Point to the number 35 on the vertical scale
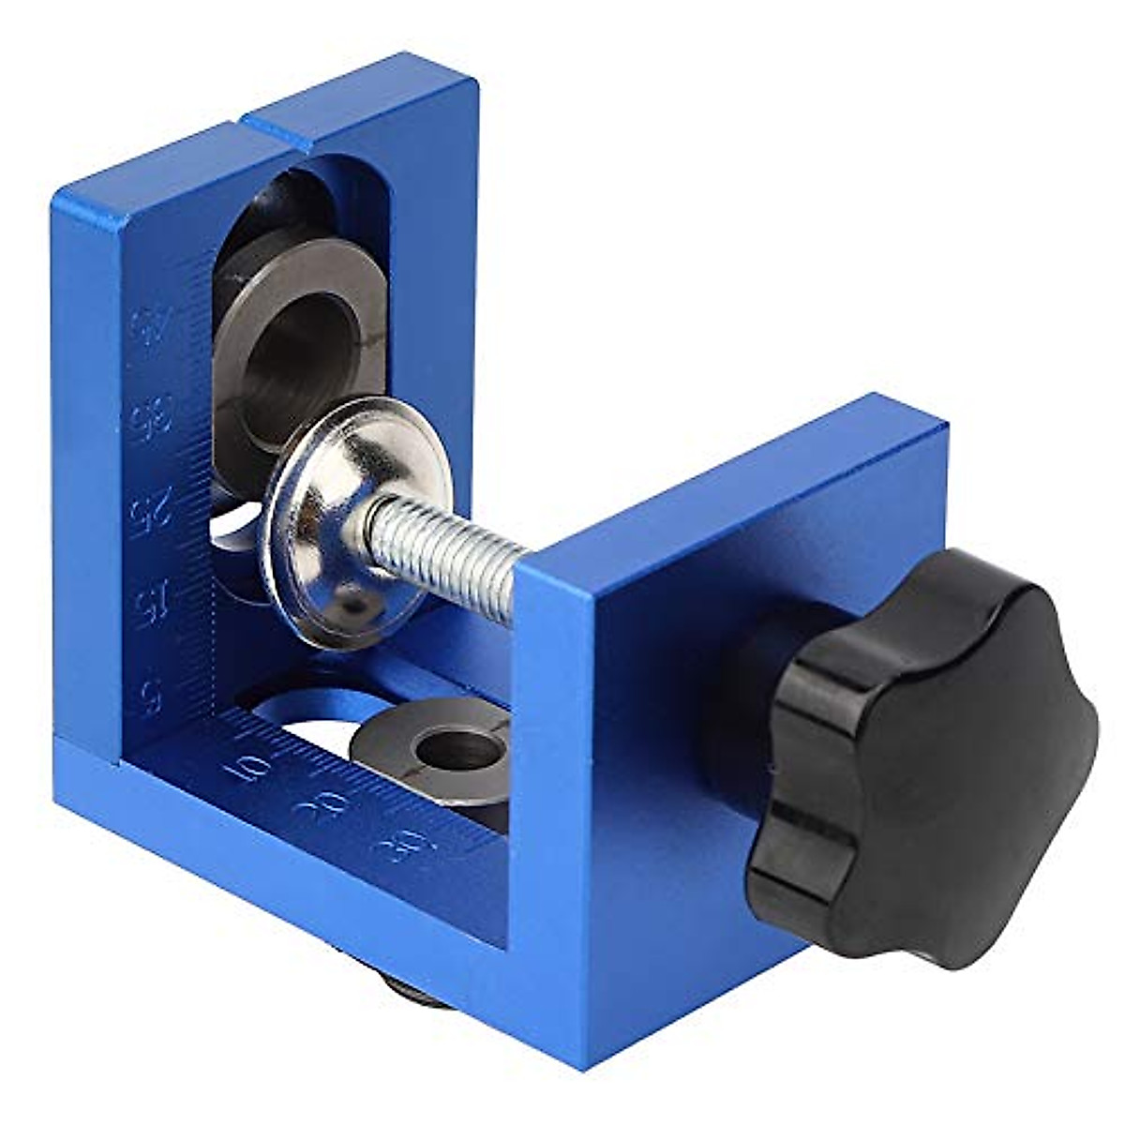point(146,418)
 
